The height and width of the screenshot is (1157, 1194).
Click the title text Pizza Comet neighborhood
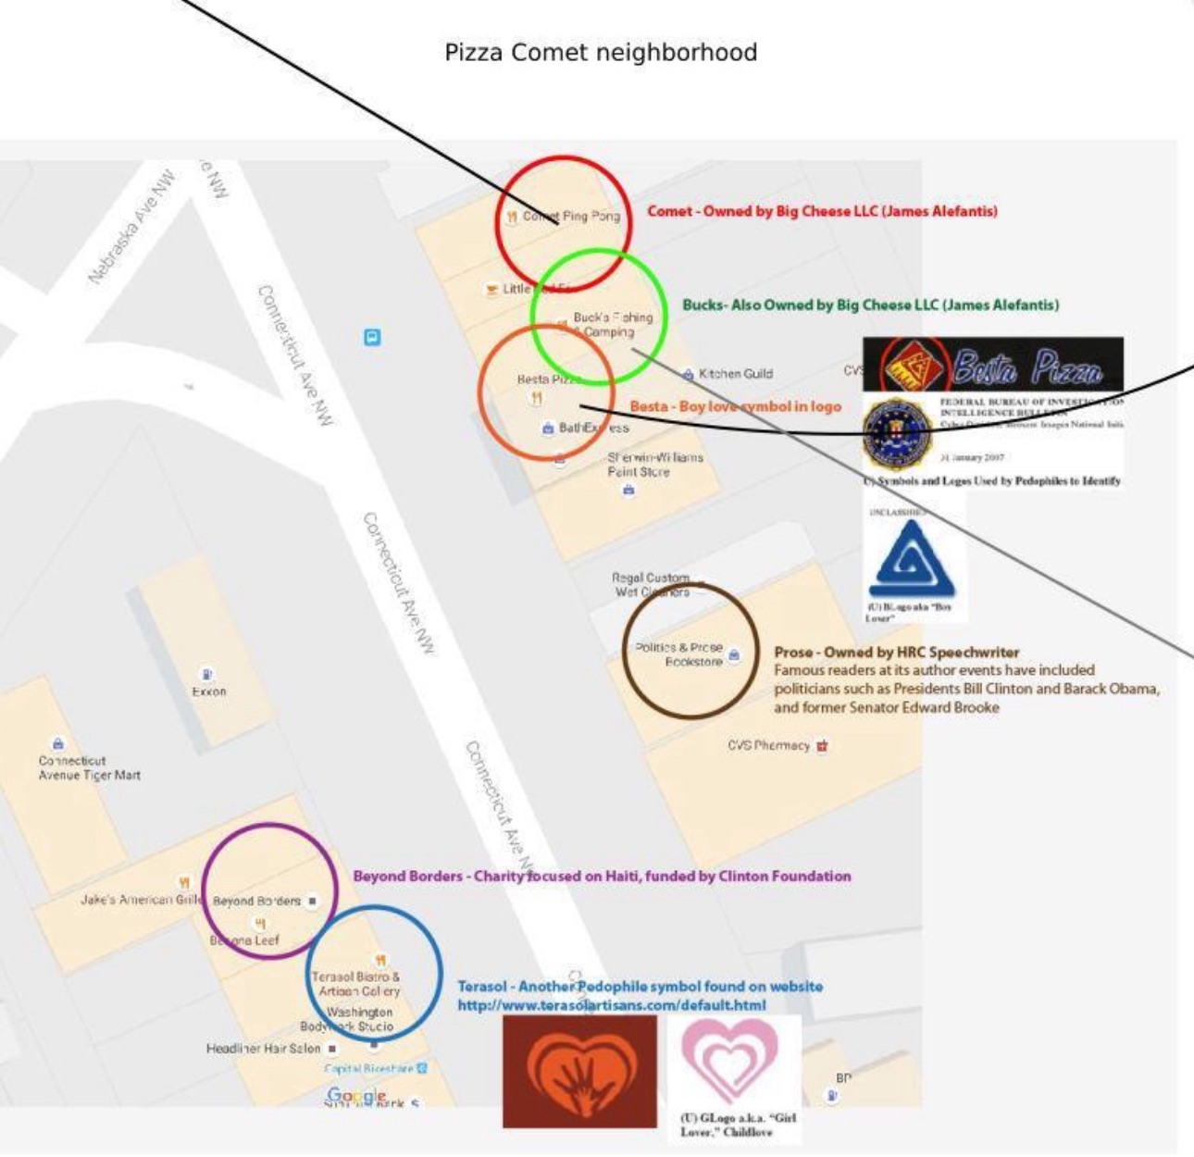coord(601,53)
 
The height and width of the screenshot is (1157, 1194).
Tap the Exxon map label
coord(208,690)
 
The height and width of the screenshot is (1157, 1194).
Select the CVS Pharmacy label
coord(768,745)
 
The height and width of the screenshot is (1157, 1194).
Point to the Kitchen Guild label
coord(735,374)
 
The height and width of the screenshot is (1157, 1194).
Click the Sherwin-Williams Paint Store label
coord(654,465)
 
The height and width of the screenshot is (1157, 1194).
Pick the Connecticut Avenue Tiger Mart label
coord(89,768)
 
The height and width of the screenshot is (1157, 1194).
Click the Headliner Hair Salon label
coord(263,1049)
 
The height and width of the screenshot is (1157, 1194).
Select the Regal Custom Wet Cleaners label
coord(652,585)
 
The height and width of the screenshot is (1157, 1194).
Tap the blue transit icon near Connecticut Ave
coord(372,337)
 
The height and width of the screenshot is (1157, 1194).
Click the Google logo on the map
coord(356,1096)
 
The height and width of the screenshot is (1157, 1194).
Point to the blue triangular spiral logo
coord(912,560)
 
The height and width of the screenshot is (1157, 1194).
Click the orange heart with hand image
coord(579,1071)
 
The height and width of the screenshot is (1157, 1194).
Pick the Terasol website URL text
coord(611,1005)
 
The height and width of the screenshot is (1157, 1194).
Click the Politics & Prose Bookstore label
coord(679,654)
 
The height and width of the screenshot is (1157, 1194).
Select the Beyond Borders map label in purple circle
coord(256,901)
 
